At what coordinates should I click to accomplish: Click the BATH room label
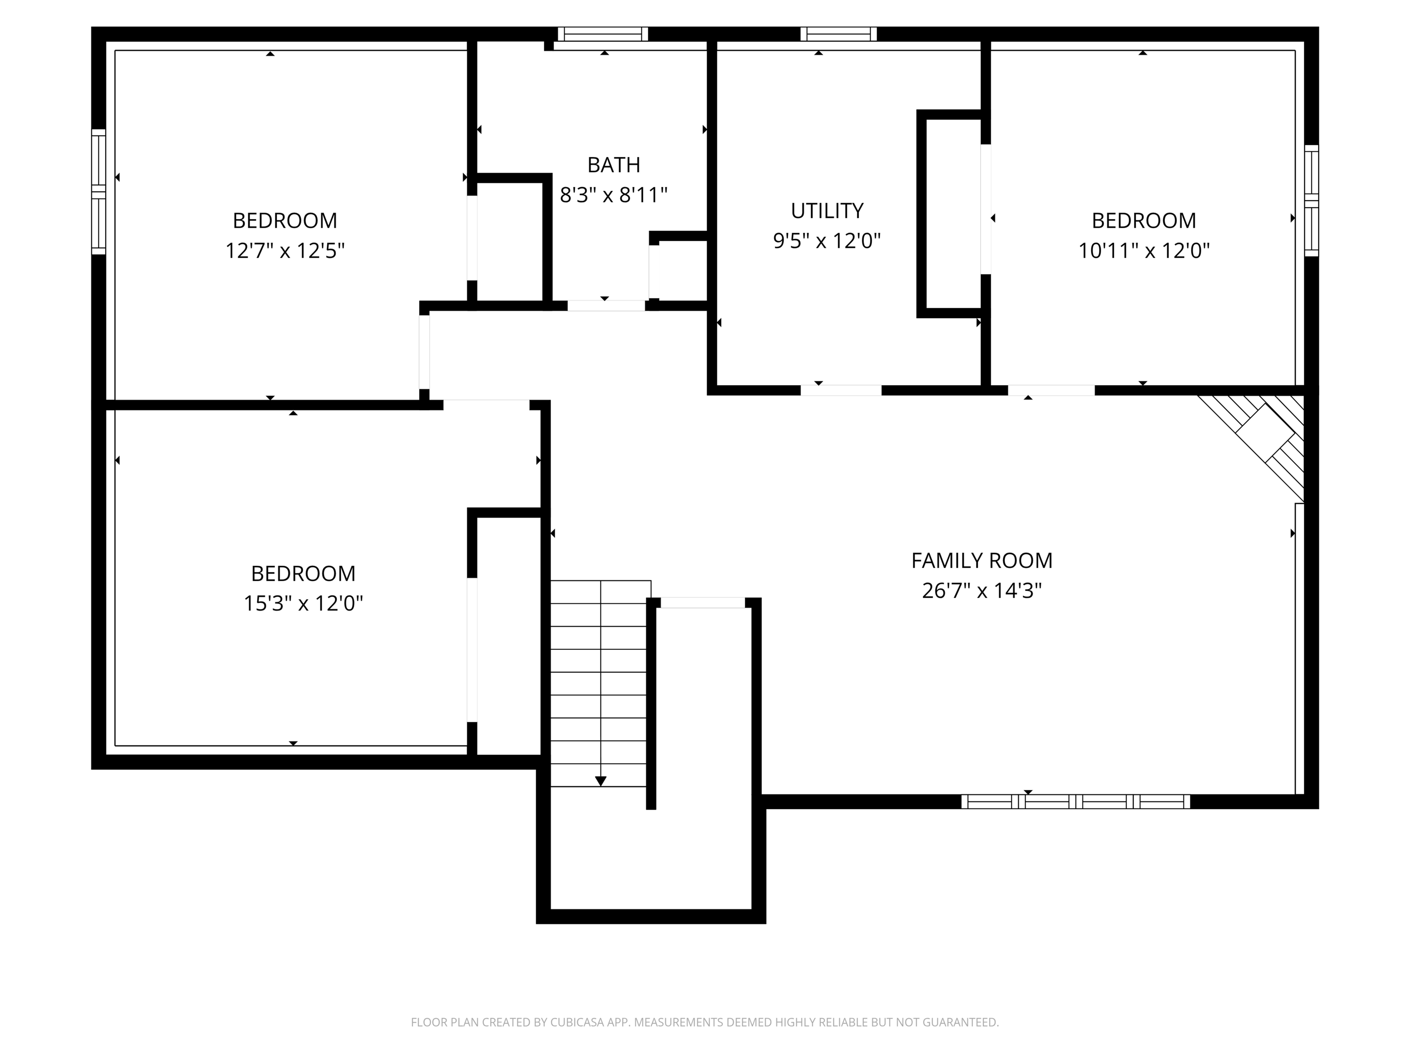613,165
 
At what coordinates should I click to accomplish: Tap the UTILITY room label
827,210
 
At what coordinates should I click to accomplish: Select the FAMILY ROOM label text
982,561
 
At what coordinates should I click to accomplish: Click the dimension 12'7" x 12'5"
285,251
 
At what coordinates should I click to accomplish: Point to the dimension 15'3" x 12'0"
303,603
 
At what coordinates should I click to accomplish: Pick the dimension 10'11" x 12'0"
1143,251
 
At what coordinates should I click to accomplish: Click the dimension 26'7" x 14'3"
982,591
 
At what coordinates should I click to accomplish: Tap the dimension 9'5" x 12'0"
827,241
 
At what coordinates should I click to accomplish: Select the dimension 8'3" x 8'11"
613,195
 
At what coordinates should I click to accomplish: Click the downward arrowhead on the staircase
600,781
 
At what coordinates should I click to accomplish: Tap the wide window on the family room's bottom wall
1075,802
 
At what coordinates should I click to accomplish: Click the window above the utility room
838,34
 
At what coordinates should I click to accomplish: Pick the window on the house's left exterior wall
98,191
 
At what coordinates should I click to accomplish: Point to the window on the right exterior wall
1311,201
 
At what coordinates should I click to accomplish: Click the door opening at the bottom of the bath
605,305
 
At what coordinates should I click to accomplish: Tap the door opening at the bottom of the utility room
841,390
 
